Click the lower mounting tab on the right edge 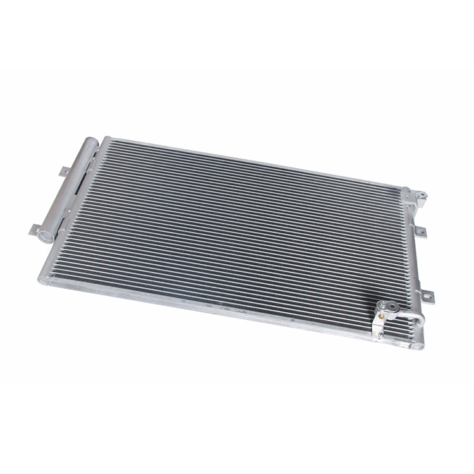tap(427, 295)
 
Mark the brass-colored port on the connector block tap(382, 308)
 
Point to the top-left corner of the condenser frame tap(105, 138)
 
